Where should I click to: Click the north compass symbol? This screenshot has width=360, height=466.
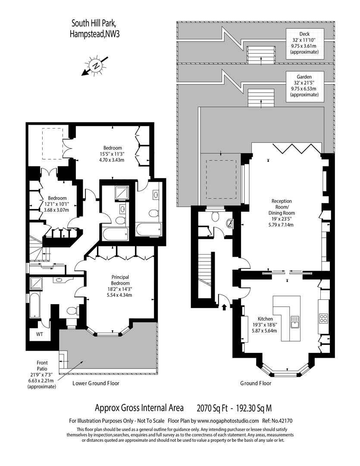click(x=96, y=66)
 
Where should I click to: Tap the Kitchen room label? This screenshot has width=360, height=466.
click(x=265, y=324)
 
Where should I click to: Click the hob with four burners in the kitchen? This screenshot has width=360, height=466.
click(x=323, y=318)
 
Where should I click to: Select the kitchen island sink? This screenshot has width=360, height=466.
click(x=295, y=322)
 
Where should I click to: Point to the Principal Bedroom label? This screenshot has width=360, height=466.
click(x=120, y=286)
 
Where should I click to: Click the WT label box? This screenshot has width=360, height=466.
click(x=40, y=334)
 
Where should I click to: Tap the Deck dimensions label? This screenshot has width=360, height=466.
click(x=304, y=43)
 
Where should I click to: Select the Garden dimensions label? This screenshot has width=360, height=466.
click(x=304, y=85)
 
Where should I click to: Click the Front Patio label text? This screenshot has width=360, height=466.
click(x=42, y=375)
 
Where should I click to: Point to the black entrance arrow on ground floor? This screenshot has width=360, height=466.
click(x=224, y=307)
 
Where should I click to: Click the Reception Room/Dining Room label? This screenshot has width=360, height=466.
click(x=282, y=213)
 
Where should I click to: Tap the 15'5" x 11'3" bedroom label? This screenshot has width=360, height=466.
click(x=113, y=154)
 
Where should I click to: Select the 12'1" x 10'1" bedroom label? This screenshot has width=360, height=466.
click(x=57, y=204)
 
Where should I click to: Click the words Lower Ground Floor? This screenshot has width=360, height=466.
click(x=96, y=384)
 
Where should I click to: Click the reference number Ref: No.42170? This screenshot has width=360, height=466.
click(x=278, y=421)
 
